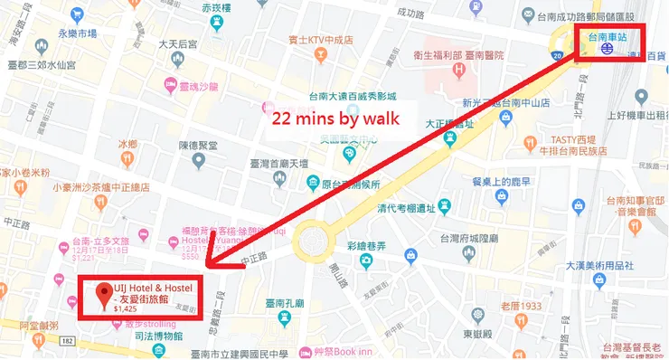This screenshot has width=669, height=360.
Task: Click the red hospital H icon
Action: tap(459, 69)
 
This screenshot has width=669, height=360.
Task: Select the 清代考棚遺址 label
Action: tap(422, 206)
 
